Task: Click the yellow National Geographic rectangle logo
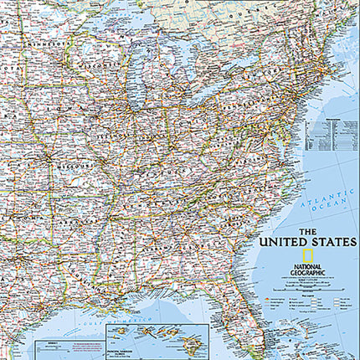307,257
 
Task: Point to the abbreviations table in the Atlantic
327,134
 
